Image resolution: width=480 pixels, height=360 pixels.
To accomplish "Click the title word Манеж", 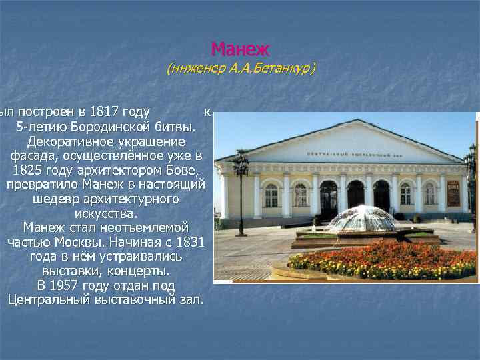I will pyautogui.click(x=240, y=49).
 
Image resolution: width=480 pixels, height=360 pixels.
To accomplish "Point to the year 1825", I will pyautogui.click(x=29, y=170).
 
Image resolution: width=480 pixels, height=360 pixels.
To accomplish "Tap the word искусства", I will pyautogui.click(x=107, y=213).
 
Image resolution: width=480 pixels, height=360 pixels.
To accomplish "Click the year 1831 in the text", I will pyautogui.click(x=189, y=242).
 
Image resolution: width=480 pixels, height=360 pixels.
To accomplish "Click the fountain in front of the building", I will pyautogui.click(x=361, y=220).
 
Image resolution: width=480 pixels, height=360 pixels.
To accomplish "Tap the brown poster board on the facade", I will pyautogui.click(x=453, y=193).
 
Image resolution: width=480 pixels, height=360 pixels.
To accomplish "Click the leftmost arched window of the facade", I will pyautogui.click(x=271, y=195).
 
